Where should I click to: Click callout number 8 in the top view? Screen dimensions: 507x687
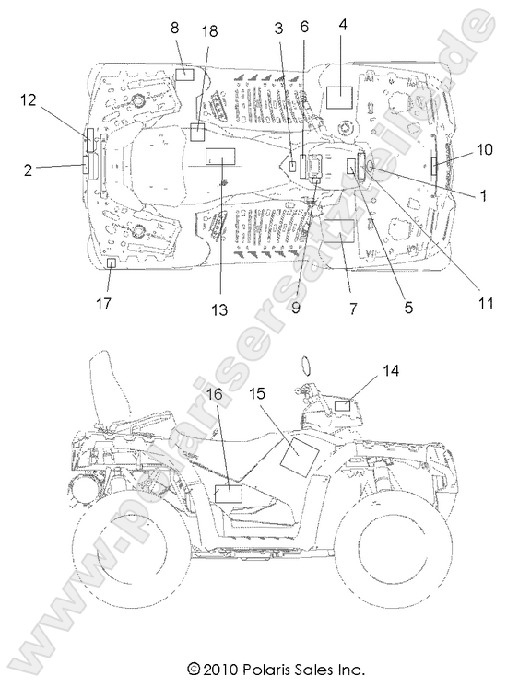[174, 28]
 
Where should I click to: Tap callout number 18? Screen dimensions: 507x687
[209, 31]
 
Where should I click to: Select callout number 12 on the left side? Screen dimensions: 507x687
[29, 99]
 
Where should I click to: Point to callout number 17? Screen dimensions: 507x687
[103, 303]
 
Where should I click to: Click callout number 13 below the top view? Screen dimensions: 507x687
[219, 309]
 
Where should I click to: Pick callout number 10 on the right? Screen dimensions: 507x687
[484, 149]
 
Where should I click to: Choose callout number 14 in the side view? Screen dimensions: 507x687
[391, 370]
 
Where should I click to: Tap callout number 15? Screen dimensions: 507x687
[257, 393]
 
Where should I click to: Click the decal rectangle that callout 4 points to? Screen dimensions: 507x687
[339, 98]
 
